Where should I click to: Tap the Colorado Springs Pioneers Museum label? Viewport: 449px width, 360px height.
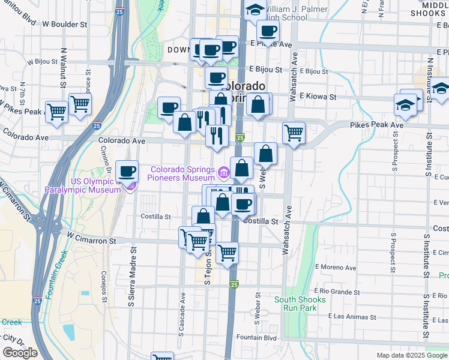[x=183, y=173]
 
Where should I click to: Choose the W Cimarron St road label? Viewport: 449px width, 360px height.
[x=91, y=240]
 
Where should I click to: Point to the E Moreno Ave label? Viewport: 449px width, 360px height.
[x=336, y=267]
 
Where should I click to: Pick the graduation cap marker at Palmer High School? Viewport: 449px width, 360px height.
[x=255, y=10]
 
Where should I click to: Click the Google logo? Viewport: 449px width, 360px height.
[x=20, y=353]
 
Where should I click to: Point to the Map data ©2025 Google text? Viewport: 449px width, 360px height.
[x=411, y=355]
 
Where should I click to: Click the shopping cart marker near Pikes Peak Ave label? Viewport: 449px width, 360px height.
[x=294, y=133]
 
